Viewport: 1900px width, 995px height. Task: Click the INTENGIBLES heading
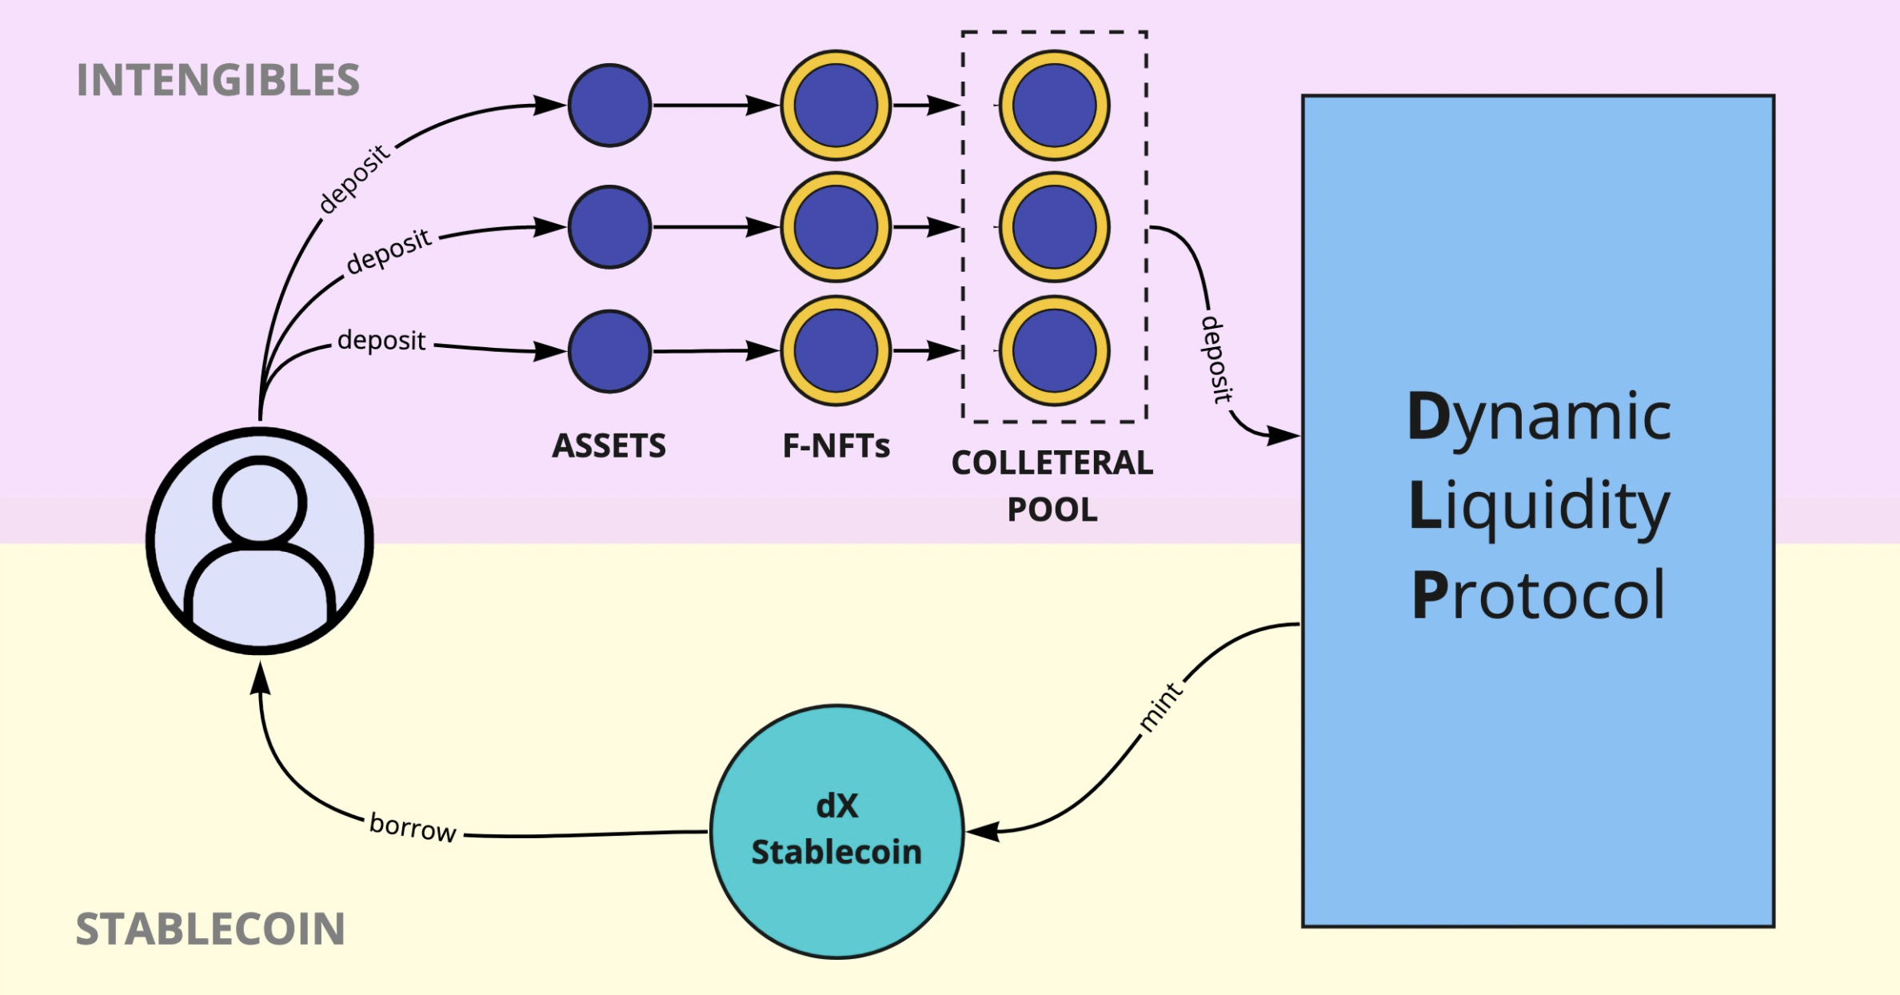pos(218,80)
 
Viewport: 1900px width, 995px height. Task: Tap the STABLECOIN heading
pos(210,929)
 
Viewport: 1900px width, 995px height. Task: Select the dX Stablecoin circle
pos(836,831)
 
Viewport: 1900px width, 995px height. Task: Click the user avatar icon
pos(260,541)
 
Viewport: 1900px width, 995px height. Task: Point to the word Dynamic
pos(1539,418)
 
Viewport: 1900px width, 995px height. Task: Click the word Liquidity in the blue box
pos(1539,506)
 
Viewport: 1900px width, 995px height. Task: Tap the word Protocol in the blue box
pos(1539,596)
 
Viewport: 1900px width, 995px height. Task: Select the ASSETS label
pos(609,446)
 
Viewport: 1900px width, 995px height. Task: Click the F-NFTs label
pos(836,446)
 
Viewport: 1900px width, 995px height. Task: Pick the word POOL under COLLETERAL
pos(1052,509)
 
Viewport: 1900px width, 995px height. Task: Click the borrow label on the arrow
pos(413,827)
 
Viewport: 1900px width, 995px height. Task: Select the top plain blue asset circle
pos(610,106)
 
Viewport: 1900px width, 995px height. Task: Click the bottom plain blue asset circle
pos(610,351)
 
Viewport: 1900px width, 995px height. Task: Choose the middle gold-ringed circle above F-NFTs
pos(836,227)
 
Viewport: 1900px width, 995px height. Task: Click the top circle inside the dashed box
pos(1054,106)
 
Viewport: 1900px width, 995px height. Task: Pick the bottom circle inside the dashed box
pos(1054,351)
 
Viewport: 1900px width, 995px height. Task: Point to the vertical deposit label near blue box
pos(1215,359)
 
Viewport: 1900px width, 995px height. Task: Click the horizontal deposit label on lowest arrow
pos(381,341)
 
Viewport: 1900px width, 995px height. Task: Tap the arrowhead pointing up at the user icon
pos(260,678)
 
